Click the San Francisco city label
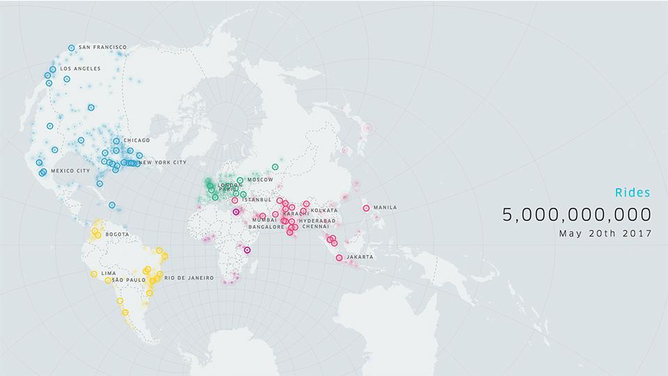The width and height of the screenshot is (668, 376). click(x=102, y=47)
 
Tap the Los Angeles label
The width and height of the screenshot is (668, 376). click(x=80, y=68)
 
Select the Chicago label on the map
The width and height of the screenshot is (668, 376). click(x=136, y=140)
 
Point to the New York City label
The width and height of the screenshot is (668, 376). click(x=164, y=162)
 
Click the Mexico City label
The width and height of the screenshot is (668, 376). click(x=70, y=171)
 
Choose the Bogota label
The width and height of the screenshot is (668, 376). click(x=117, y=234)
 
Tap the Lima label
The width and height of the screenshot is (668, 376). click(x=109, y=273)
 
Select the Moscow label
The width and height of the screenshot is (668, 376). click(x=260, y=180)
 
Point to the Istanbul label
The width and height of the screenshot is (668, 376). click(x=258, y=199)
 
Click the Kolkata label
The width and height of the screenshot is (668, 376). click(x=324, y=210)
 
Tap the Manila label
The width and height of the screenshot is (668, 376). click(x=385, y=207)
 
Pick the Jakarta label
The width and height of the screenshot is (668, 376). click(x=359, y=257)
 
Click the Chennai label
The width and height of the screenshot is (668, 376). click(x=315, y=226)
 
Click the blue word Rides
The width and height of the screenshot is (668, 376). click(x=633, y=192)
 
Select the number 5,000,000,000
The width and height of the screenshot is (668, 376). click(x=577, y=214)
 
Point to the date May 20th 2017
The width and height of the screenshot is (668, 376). click(x=605, y=233)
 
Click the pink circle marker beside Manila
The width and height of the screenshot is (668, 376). click(x=366, y=207)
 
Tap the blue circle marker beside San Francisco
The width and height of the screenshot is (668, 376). click(x=72, y=48)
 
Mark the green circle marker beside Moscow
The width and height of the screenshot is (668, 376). click(x=240, y=180)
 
